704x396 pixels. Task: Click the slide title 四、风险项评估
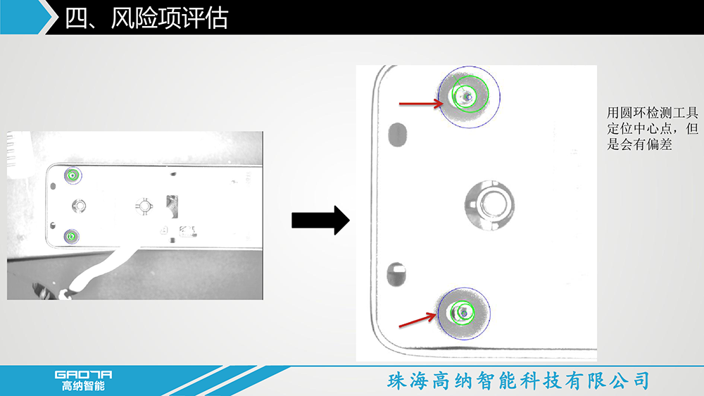coord(146,18)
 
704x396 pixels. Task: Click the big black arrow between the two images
coord(320,221)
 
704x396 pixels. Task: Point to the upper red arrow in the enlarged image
coord(421,104)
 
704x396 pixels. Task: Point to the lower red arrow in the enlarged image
coord(417,320)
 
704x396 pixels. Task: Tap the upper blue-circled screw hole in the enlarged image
coord(469,97)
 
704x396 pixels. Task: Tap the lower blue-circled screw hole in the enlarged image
coord(464,314)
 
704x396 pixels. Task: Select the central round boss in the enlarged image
coord(489,204)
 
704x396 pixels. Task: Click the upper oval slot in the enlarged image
coord(397,135)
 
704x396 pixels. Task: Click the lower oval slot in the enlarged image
coord(396,275)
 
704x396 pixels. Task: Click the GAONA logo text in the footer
coord(83,374)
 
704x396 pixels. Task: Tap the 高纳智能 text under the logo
coord(83,385)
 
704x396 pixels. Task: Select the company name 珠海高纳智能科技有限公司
coord(519,380)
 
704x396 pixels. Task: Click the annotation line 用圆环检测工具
coord(653,112)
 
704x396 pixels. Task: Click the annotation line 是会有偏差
coord(639,144)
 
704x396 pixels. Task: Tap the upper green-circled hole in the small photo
coord(73,175)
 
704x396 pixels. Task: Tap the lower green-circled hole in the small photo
coord(71,236)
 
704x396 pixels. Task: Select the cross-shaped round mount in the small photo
coord(144,206)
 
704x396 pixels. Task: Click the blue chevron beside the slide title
coord(27,17)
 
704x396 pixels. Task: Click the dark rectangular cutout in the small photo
coord(172,206)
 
